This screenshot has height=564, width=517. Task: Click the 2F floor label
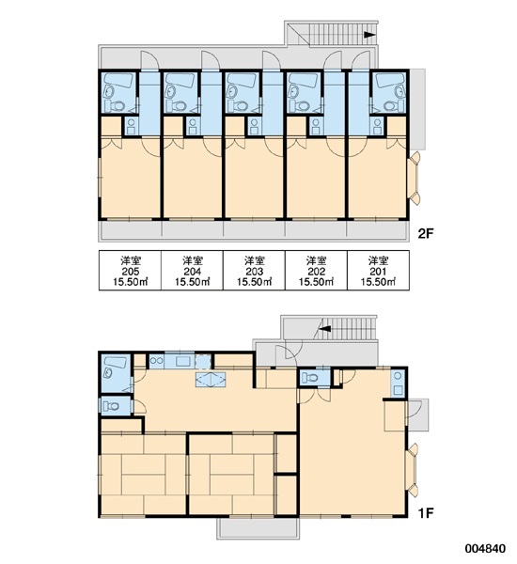pos(426,234)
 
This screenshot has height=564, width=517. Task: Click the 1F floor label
pos(426,513)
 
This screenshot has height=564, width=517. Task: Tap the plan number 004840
pos(486,549)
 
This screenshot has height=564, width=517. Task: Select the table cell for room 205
pos(130,270)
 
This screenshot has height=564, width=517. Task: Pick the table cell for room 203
pos(254,270)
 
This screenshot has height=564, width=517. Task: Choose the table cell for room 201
pos(378,270)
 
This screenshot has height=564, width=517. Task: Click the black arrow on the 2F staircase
pos(369,35)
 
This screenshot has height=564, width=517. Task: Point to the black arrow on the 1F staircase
pos(325,328)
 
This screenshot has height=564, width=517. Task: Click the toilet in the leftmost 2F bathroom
pos(115,105)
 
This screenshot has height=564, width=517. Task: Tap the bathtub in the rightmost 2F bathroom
pos(390,80)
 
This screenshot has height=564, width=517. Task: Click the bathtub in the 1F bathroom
pos(115,362)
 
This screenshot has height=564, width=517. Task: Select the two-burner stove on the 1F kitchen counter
pos(156,360)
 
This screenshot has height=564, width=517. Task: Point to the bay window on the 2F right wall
pos(414,178)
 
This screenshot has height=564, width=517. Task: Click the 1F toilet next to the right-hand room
pos(310,378)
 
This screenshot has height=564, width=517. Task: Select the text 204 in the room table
pos(192,272)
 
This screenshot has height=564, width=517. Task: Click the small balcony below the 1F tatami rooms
pos(258,528)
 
